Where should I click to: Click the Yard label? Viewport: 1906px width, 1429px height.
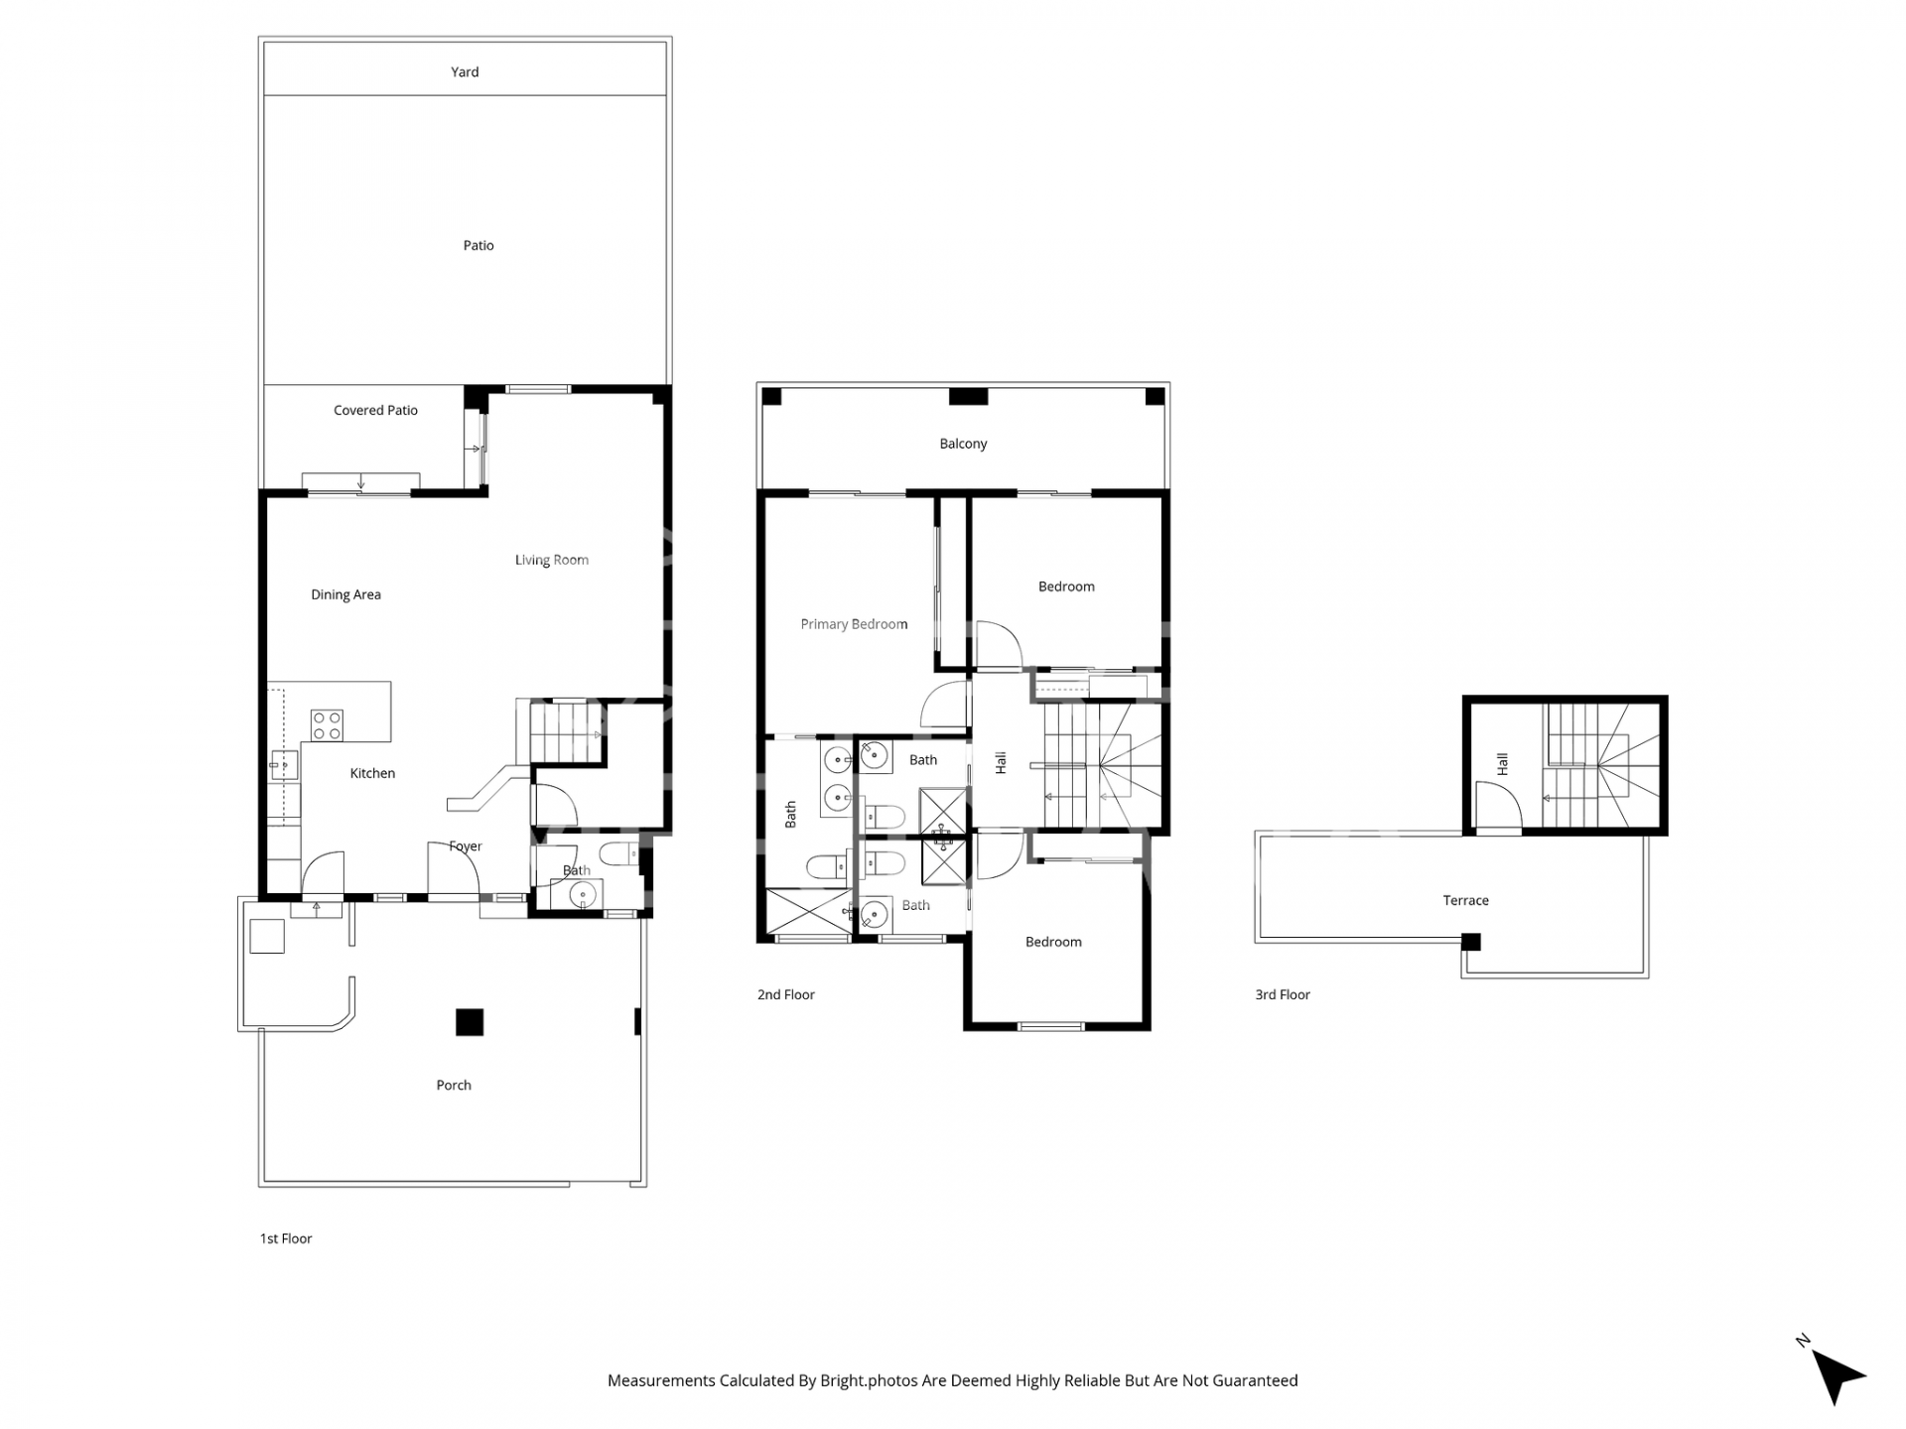click(465, 71)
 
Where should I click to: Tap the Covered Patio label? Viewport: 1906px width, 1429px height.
click(375, 410)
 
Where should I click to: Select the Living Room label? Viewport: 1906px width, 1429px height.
click(551, 560)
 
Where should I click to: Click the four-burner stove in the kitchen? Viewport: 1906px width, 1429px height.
click(327, 725)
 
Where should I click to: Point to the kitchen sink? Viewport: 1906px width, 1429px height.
click(283, 764)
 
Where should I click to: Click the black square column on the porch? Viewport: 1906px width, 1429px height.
click(470, 1022)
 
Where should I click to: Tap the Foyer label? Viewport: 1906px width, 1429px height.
click(465, 846)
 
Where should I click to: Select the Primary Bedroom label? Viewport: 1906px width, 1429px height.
click(854, 624)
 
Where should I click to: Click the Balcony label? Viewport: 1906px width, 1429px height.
click(963, 444)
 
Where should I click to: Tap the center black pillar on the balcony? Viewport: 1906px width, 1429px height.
click(968, 397)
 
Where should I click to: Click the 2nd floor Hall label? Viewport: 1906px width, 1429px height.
click(1001, 762)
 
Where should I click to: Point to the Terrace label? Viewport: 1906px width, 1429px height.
click(1465, 901)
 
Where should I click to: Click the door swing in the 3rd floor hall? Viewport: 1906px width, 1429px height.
click(1497, 804)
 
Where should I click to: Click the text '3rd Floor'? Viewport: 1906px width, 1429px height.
click(1283, 994)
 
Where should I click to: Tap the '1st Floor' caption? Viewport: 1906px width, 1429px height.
click(286, 1238)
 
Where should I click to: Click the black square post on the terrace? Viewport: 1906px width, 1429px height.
click(1471, 942)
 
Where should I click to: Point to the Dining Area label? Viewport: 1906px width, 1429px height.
click(345, 594)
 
